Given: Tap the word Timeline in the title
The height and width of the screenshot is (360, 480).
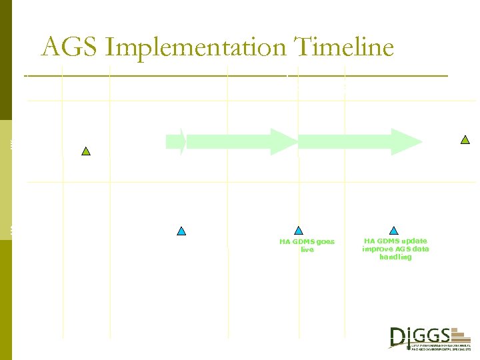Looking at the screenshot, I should (343, 47).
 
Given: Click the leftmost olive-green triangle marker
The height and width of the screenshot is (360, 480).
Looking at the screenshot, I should (85, 151).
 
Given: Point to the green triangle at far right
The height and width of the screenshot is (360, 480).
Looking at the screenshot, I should (465, 140).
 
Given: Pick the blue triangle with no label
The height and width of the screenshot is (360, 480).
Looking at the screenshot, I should (181, 231).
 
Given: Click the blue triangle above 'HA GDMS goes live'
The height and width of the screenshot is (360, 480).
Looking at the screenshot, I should (298, 231).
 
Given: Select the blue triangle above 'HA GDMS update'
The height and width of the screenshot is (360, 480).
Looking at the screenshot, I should (394, 231).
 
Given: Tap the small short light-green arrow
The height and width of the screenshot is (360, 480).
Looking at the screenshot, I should (176, 141).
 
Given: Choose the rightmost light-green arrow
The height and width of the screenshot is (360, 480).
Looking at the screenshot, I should (360, 141).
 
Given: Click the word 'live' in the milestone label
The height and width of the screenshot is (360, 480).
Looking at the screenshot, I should (307, 250).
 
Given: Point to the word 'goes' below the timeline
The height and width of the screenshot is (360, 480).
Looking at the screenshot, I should (326, 241).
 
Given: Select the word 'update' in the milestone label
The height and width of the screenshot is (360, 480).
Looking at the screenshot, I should (413, 241).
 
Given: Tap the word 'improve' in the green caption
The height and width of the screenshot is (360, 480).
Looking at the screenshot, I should (377, 249).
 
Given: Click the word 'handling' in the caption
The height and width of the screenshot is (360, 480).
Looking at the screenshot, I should (395, 257).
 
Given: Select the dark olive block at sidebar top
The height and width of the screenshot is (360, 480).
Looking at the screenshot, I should (6, 60).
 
